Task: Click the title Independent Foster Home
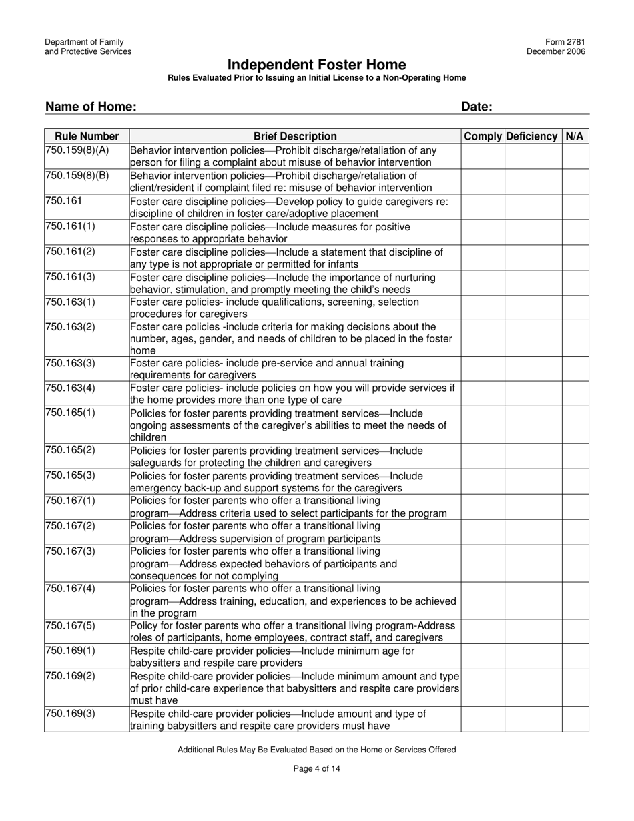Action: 316,65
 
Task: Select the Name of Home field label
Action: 91,107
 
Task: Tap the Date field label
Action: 477,107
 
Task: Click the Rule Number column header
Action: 87,136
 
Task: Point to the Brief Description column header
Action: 295,136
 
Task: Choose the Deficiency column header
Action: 532,136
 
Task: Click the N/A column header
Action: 574,136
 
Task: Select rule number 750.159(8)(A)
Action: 77,150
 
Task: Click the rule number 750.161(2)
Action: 71,252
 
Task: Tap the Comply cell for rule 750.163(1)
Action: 483,308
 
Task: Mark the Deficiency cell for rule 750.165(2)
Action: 533,456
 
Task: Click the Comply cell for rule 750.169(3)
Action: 483,720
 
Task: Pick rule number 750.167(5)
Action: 71,625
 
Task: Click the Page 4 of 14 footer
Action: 317,768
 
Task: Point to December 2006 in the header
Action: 556,52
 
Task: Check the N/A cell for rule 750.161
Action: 575,206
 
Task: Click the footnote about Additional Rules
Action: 317,750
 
